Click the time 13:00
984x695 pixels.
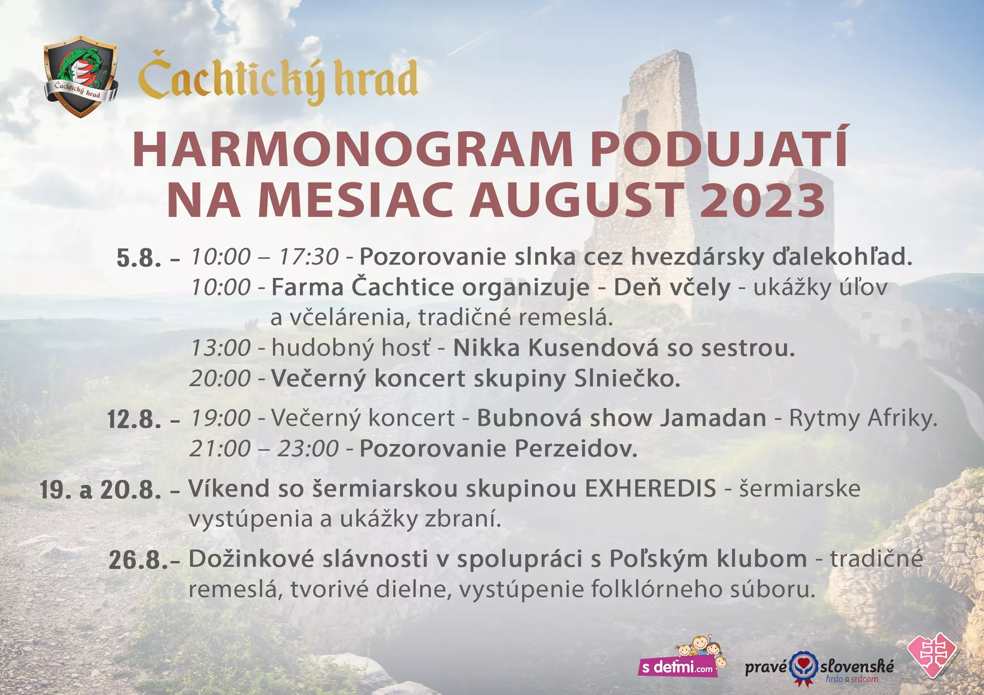coord(221,347)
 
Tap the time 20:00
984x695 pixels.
coord(220,378)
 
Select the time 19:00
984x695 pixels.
coord(221,418)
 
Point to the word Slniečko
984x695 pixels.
coord(627,378)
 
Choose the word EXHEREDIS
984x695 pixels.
coord(650,489)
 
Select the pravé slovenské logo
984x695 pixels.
coord(819,668)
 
